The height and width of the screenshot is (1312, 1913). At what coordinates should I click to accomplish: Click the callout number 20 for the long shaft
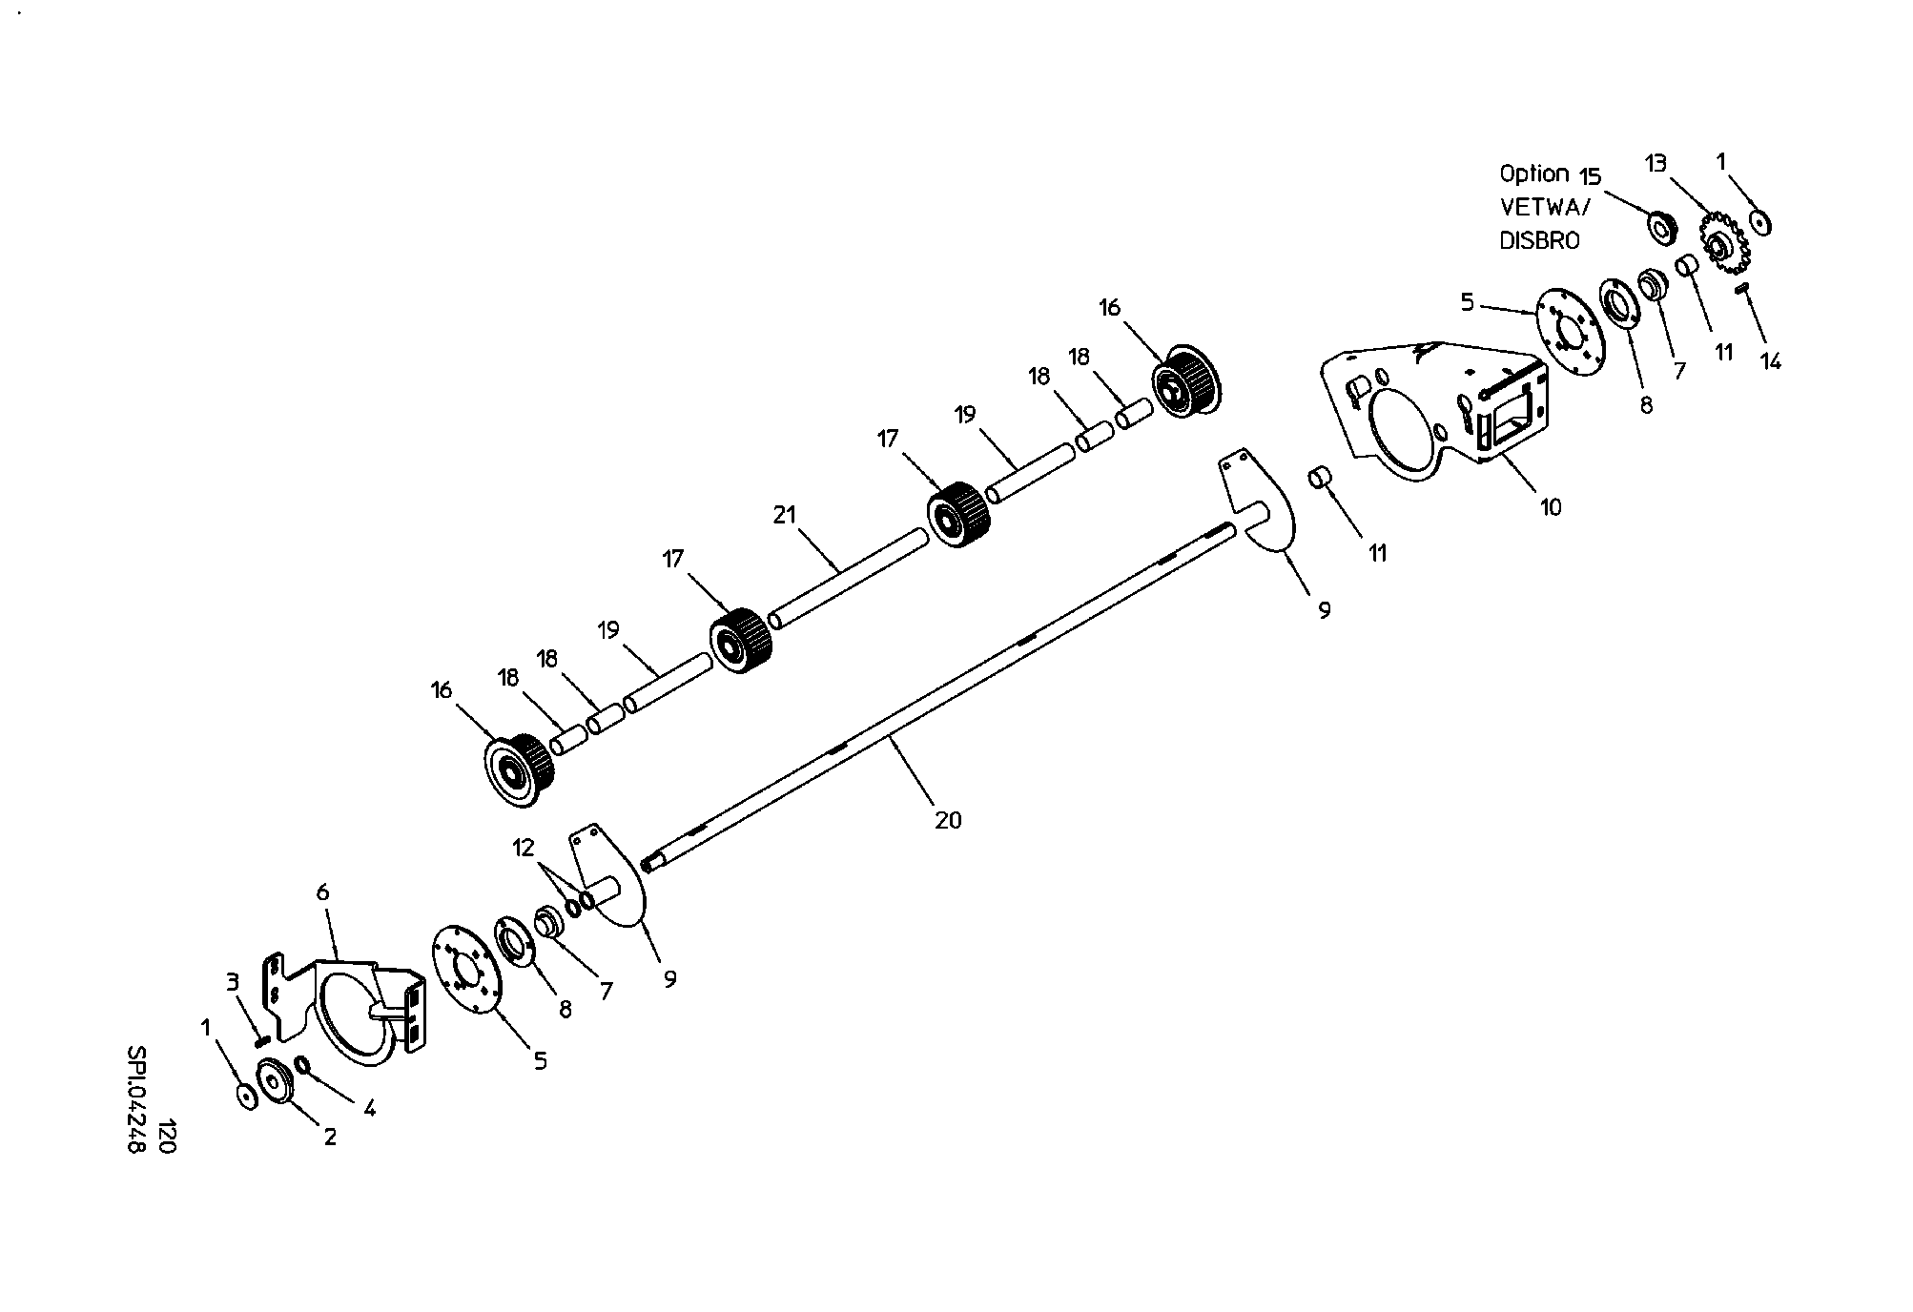click(x=948, y=819)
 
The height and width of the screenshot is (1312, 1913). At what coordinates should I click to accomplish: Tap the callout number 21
click(x=784, y=515)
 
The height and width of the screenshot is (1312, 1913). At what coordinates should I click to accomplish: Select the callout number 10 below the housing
click(x=1552, y=507)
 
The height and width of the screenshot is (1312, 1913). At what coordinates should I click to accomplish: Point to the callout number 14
click(x=1770, y=361)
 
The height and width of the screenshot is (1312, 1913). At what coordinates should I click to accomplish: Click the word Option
click(x=1534, y=174)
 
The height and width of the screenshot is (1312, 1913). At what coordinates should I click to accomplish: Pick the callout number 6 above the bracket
click(x=322, y=892)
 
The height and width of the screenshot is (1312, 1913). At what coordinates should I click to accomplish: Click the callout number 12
click(x=524, y=847)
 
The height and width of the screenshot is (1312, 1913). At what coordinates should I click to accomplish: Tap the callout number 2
click(x=330, y=1137)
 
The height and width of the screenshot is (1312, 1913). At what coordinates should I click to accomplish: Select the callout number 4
click(x=370, y=1108)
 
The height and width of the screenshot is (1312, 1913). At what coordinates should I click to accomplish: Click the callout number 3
click(x=232, y=981)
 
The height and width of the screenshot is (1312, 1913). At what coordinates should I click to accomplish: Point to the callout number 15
click(x=1590, y=177)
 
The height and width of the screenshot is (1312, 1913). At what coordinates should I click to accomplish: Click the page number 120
click(x=167, y=1138)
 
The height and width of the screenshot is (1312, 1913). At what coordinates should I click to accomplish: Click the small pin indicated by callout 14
click(x=1741, y=288)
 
